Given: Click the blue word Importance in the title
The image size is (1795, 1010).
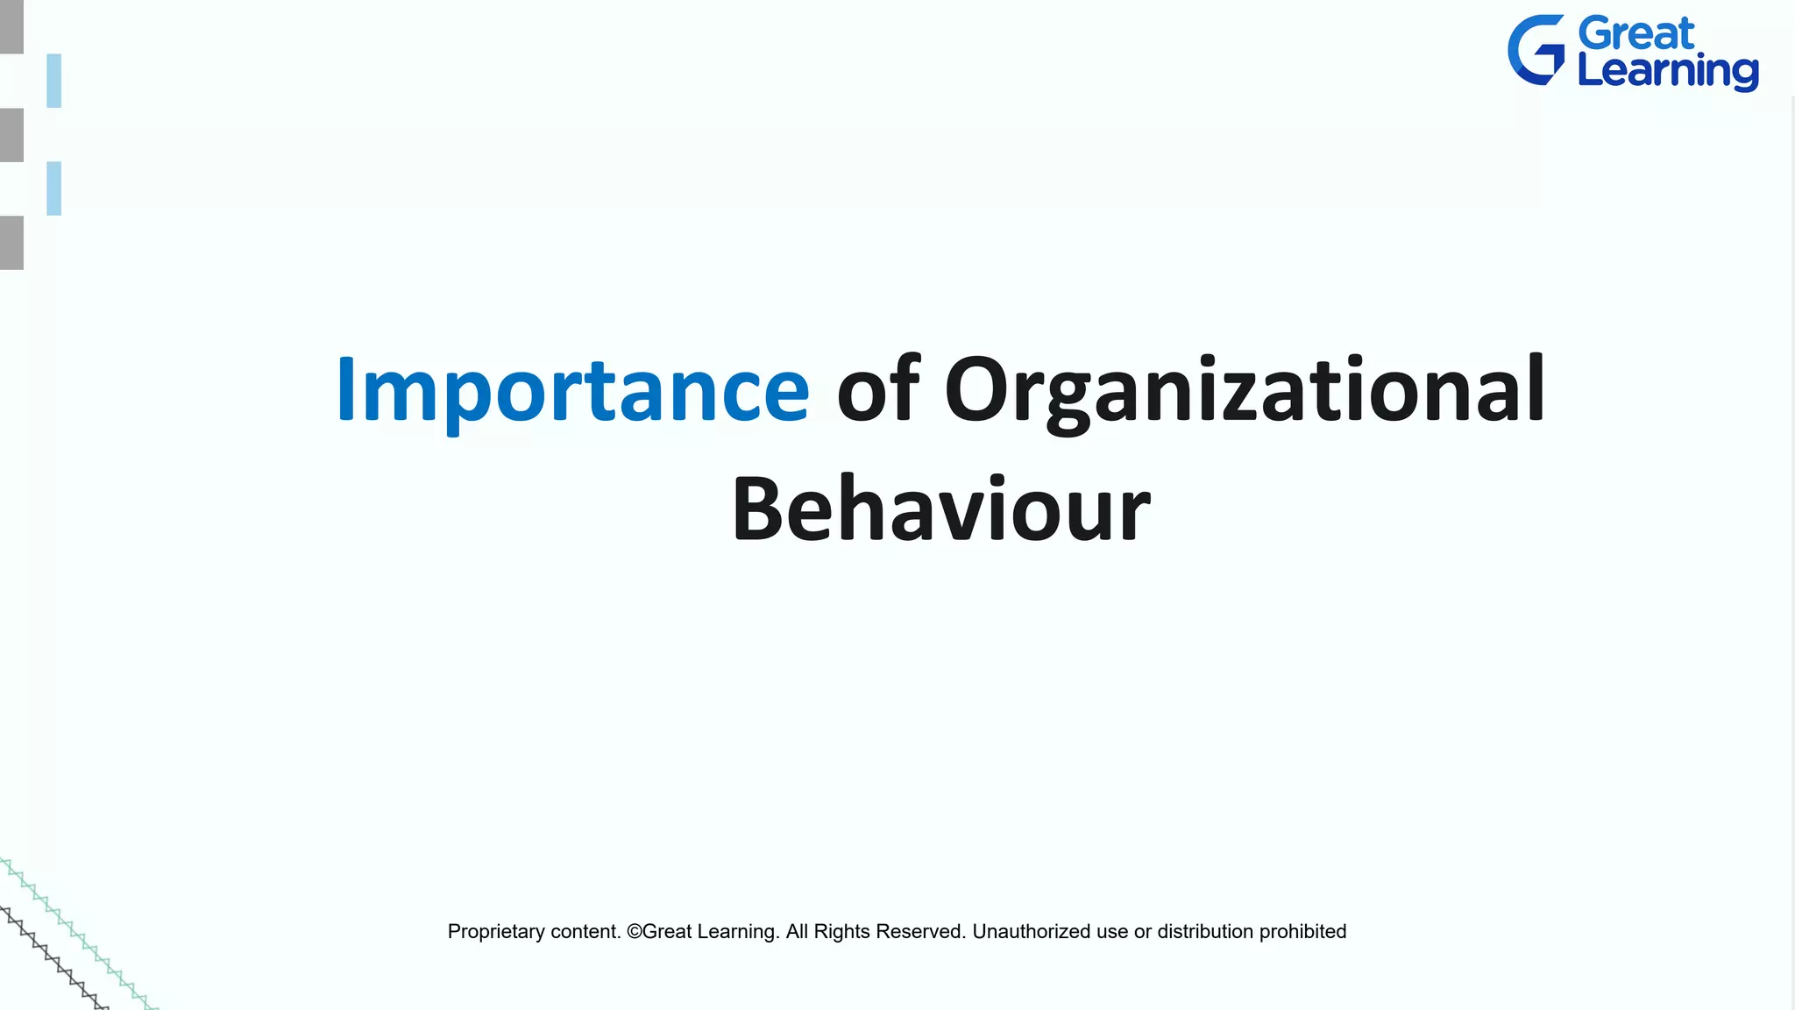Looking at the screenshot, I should [572, 390].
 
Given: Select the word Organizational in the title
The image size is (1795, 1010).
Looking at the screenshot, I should [1245, 390].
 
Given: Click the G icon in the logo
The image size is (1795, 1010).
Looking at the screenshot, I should [1536, 50].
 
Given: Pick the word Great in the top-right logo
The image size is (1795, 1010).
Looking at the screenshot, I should [1636, 34].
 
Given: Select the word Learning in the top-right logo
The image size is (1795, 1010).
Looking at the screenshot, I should [1667, 71].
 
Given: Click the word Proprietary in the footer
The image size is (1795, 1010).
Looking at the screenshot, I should [494, 932].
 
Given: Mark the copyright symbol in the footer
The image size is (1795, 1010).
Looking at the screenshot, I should [635, 931].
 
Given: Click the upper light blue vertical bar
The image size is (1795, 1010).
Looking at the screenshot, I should [54, 81].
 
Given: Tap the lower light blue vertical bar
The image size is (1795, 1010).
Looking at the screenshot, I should [54, 188].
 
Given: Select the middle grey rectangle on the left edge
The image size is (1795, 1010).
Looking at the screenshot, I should [11, 135].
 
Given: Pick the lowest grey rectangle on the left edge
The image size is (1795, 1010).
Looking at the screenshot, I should [11, 243].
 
